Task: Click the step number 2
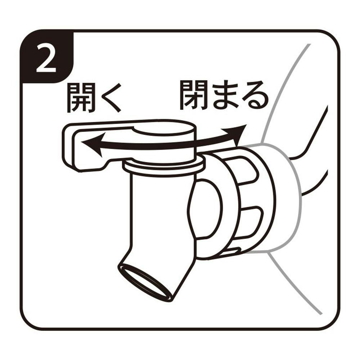coord(46,58)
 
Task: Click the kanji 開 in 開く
coord(81,98)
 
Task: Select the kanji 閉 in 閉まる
coord(195,95)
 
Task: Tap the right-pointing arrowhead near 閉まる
coord(235,134)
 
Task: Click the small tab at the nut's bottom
coord(232,251)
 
